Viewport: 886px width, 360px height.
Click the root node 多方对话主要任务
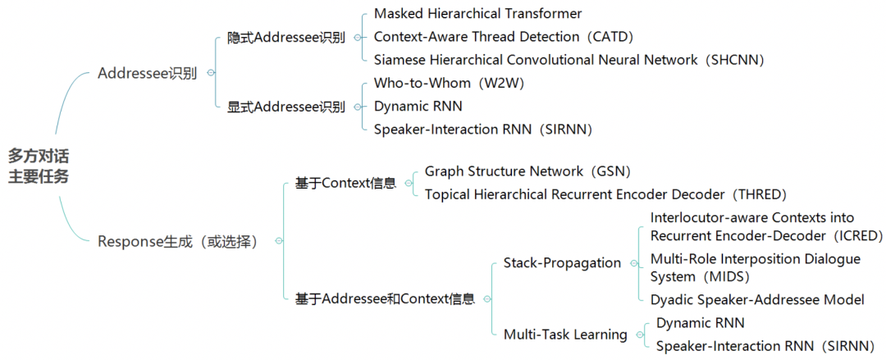pos(39,166)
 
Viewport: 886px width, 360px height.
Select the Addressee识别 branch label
pos(147,73)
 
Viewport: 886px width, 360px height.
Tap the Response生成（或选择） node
pos(178,241)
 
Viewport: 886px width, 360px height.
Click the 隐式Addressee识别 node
pos(285,38)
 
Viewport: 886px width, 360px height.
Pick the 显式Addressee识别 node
pos(285,107)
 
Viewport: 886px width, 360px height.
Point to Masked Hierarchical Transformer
pos(477,14)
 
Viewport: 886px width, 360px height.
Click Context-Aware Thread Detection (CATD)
pos(504,37)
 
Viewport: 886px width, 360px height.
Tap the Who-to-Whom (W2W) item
pos(449,83)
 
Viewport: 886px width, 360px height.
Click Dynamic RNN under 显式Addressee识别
pos(418,106)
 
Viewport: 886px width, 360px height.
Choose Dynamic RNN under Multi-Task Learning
pos(700,323)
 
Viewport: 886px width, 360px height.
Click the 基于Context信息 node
pos(345,183)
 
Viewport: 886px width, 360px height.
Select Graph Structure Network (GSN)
pos(527,171)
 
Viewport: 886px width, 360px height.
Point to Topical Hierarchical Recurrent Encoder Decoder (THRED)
pos(605,194)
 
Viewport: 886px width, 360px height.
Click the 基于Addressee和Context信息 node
pos(385,299)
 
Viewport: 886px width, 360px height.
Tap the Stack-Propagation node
pos(562,263)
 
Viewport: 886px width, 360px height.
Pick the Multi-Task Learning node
pos(565,335)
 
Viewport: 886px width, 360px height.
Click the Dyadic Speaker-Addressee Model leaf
pos(757,299)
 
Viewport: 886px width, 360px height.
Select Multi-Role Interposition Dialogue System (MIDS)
pos(755,267)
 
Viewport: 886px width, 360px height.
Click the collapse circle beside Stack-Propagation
pos(633,263)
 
